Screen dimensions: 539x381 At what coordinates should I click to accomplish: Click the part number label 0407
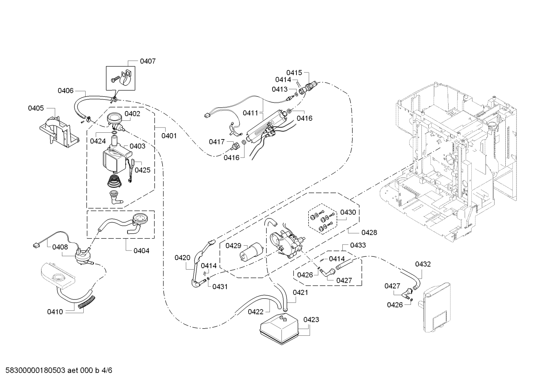pos(148,61)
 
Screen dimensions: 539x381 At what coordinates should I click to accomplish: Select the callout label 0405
pos(36,108)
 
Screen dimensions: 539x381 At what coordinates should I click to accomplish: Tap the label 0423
pos(311,319)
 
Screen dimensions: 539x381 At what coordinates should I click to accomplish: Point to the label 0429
pos(233,246)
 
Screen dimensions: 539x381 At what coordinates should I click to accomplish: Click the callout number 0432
pos(423,264)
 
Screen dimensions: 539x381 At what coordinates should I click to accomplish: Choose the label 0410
pos(55,312)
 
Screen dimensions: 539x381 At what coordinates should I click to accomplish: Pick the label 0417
pos(216,142)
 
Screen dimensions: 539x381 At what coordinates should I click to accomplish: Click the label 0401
pos(169,136)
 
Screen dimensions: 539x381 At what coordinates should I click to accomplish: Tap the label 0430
pos(348,212)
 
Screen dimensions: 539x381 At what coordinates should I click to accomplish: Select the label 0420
pos(182,258)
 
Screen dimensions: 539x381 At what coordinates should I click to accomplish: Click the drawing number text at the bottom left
pos(58,370)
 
